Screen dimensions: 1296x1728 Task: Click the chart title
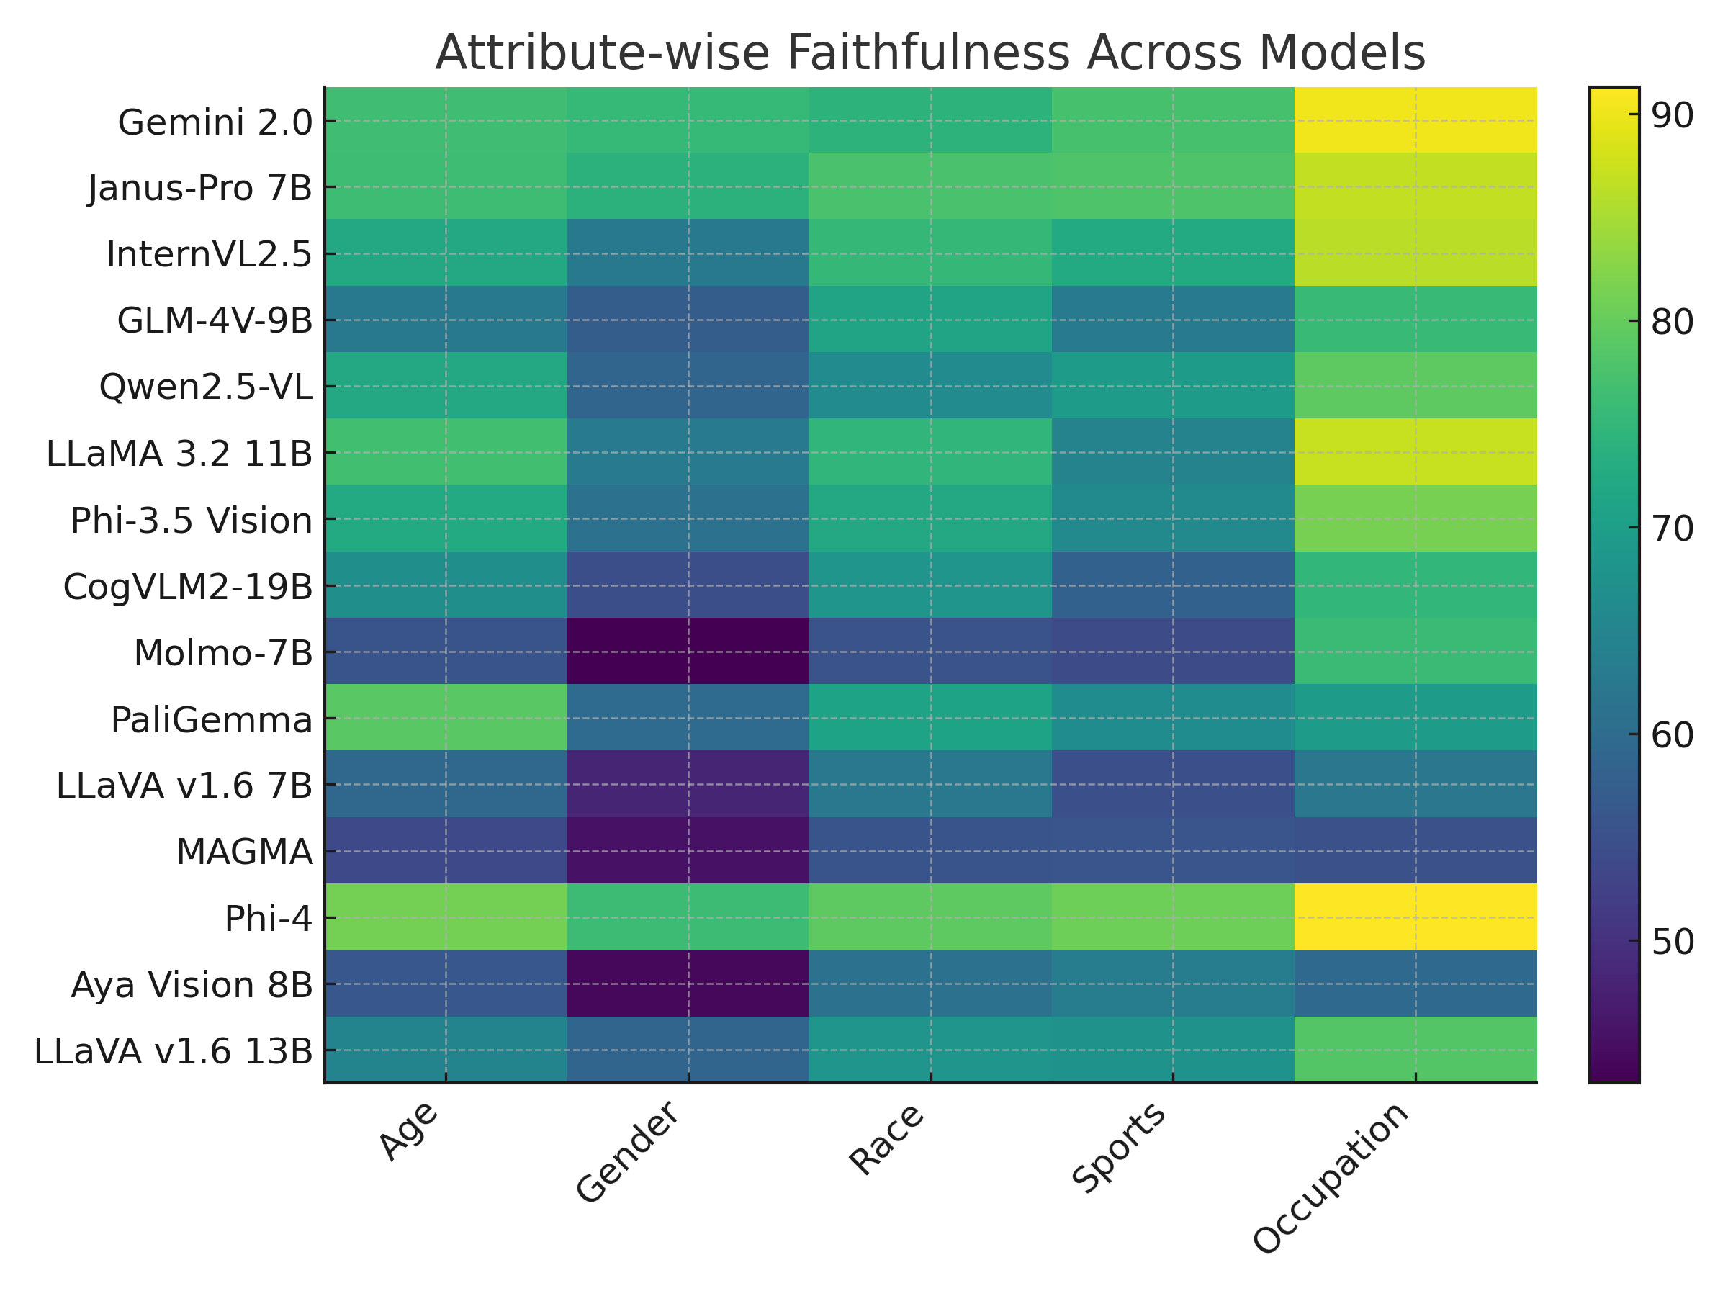930,53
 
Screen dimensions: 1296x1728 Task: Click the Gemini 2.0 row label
215,122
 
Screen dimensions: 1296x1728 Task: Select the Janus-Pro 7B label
200,188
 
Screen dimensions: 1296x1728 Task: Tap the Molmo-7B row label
222,653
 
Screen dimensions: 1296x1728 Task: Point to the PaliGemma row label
211,719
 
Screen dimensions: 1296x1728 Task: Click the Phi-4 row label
268,919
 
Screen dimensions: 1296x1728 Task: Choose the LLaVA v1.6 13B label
174,1051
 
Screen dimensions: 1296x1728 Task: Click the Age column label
407,1132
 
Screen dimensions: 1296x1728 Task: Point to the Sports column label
1119,1149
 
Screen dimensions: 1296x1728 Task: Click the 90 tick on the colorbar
1672,116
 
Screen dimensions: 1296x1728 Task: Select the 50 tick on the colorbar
1672,942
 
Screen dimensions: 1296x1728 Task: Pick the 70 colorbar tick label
1672,529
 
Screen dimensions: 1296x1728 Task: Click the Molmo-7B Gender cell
688,651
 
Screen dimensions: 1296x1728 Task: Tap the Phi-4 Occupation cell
1415,917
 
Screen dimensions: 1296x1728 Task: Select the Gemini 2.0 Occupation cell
1415,120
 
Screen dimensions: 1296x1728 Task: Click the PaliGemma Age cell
445,717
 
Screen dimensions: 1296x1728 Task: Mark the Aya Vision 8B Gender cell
688,983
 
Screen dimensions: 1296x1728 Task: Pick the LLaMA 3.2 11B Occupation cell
1415,451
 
